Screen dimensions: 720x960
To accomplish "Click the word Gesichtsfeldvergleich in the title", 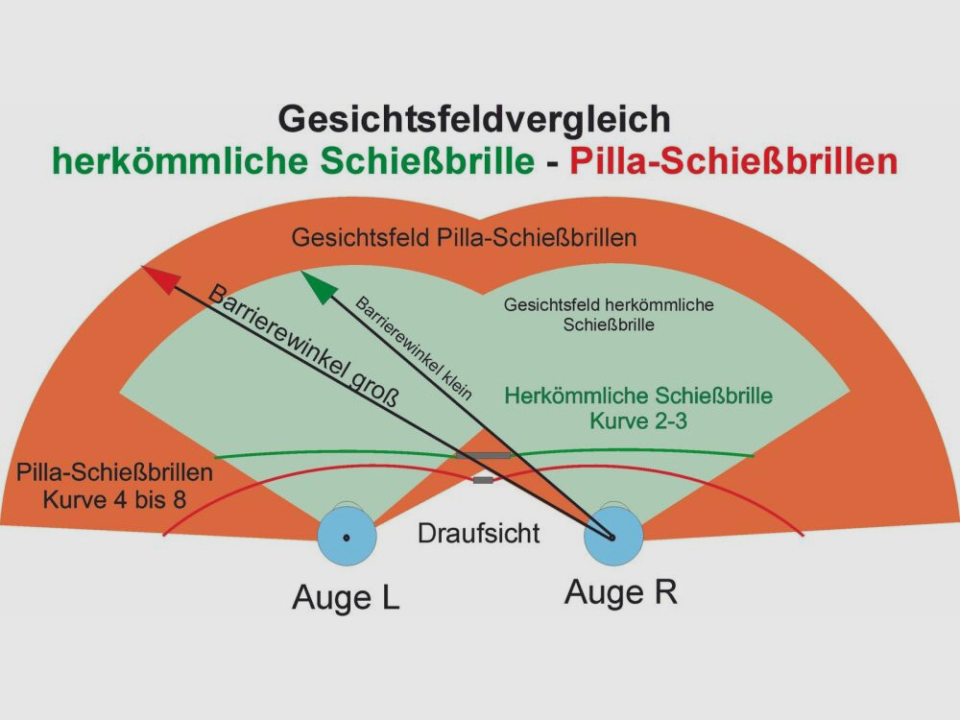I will (474, 119).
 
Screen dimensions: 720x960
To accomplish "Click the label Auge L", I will (346, 598).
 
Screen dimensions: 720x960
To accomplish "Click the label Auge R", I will (620, 592).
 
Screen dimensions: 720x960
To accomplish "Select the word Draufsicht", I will (478, 534).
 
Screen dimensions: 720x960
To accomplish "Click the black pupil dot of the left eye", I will (347, 538).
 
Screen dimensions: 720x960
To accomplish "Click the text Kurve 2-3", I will (638, 420).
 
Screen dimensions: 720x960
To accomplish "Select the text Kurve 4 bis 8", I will (115, 498).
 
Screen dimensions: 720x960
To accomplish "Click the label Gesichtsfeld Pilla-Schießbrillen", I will (465, 237).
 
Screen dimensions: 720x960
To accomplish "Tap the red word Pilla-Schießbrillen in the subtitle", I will (732, 161).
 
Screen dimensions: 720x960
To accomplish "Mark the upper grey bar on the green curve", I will (484, 453).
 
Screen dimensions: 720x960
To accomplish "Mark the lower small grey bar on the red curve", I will (483, 479).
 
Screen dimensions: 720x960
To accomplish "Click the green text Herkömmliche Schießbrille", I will (638, 396).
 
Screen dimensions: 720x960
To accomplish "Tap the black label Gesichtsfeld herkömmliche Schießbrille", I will (609, 315).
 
